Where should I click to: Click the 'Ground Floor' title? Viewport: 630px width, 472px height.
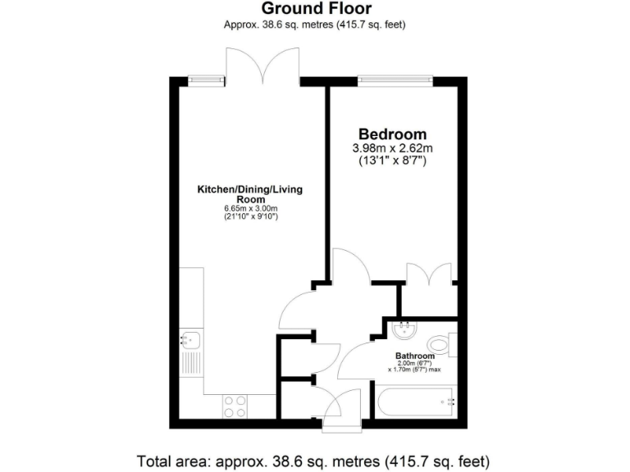click(316, 9)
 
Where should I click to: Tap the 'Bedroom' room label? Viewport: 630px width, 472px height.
click(392, 134)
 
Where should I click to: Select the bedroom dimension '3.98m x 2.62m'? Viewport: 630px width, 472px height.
click(392, 148)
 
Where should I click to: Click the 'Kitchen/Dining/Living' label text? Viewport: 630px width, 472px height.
click(249, 190)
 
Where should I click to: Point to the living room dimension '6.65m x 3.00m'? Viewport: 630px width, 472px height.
click(249, 209)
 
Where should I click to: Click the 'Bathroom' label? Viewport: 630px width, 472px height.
click(414, 356)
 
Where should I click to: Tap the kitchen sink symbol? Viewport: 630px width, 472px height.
click(190, 338)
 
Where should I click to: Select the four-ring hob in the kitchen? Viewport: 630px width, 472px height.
click(236, 405)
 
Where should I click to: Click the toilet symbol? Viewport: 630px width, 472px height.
click(441, 343)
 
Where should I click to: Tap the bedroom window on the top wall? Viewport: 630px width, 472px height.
click(395, 79)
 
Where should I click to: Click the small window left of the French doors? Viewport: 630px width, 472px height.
click(206, 79)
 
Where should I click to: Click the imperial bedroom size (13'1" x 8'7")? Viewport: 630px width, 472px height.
click(392, 161)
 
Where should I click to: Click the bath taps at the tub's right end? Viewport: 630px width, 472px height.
click(448, 402)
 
